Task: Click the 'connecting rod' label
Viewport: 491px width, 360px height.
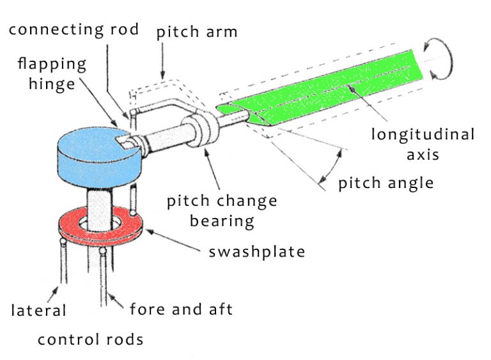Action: (74, 30)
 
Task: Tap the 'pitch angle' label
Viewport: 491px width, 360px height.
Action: (386, 183)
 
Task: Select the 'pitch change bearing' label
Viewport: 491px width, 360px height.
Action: (222, 211)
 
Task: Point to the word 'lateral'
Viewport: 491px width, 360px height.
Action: (39, 311)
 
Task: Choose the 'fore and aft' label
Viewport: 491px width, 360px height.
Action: (181, 309)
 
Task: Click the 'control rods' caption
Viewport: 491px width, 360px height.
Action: (90, 339)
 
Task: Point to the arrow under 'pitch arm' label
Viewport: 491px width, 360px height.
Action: (164, 64)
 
